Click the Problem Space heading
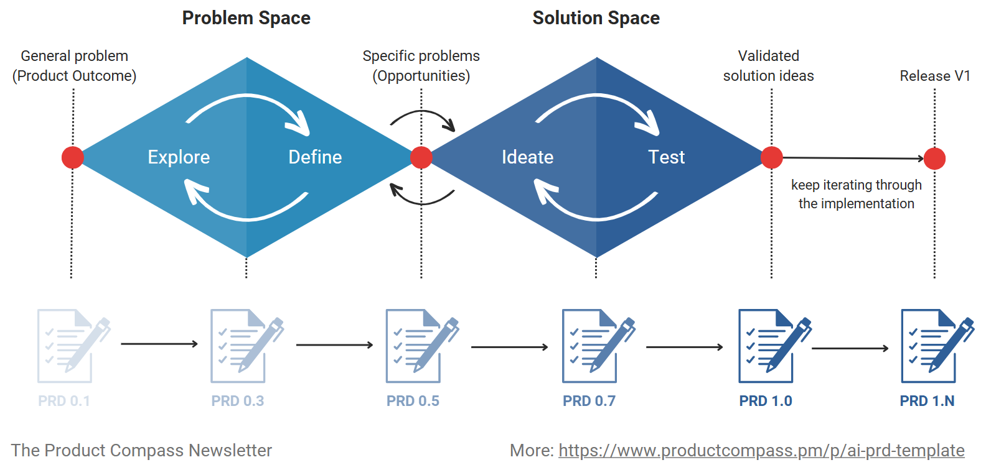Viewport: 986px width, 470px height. coord(246,18)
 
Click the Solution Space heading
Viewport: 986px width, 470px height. coord(596,18)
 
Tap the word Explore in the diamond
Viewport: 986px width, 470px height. coord(179,157)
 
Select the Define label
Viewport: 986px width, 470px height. coord(315,157)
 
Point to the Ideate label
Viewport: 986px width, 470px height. coord(527,157)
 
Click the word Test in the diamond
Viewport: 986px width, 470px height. coord(666,157)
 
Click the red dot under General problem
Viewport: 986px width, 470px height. coord(73,157)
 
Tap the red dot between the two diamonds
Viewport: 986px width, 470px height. coord(421,157)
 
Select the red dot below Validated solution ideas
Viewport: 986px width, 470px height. coord(771,157)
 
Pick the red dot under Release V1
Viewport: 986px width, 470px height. coord(934,159)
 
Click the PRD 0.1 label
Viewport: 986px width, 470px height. coord(64,401)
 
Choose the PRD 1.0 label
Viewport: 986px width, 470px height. coord(765,401)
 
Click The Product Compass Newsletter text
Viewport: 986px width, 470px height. coord(141,450)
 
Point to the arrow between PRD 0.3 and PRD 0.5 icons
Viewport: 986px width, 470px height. coord(334,344)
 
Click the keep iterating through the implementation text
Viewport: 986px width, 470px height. coord(856,194)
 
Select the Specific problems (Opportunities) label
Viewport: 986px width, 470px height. coord(421,66)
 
